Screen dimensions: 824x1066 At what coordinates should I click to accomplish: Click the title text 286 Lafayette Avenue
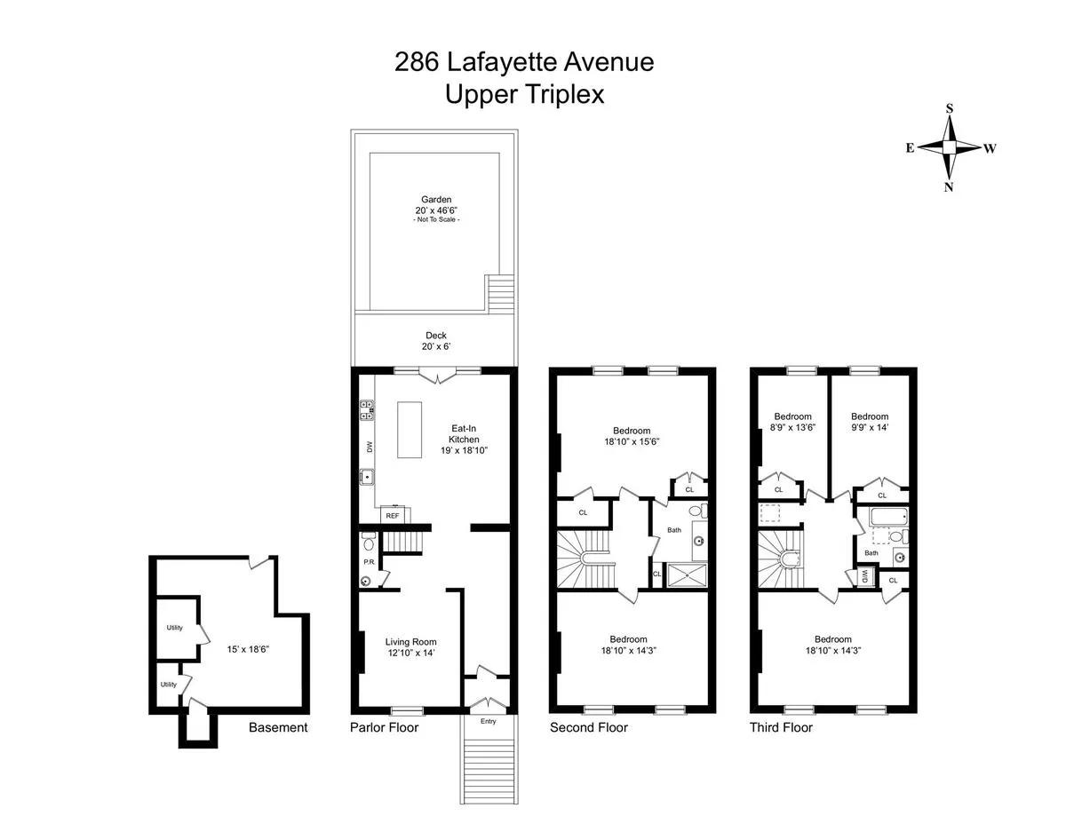coord(524,62)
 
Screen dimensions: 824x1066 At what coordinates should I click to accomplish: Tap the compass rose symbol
coord(950,147)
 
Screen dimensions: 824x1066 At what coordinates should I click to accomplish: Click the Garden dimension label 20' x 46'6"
coord(436,210)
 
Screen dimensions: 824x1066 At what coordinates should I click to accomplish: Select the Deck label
coord(435,336)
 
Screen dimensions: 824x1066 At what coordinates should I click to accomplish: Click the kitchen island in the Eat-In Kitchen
coord(409,430)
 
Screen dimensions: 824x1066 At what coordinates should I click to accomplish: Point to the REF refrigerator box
coord(392,515)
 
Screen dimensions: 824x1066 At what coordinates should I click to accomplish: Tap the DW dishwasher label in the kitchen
coord(368,448)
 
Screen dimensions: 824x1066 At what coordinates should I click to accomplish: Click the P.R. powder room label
coord(369,563)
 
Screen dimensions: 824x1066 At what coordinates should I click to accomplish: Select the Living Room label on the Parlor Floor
coord(410,642)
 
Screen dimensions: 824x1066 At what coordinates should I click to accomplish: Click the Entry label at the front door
coord(488,721)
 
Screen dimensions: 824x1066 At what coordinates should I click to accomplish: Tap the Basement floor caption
coord(278,727)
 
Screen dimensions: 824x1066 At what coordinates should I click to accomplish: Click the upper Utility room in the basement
coord(175,629)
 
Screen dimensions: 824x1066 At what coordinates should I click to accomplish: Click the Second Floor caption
coord(589,727)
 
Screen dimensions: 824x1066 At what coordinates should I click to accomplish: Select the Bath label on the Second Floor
coord(674,531)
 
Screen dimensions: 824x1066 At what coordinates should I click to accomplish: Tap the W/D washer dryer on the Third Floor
coord(863,576)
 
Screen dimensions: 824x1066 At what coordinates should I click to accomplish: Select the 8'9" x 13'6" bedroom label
coord(792,427)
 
